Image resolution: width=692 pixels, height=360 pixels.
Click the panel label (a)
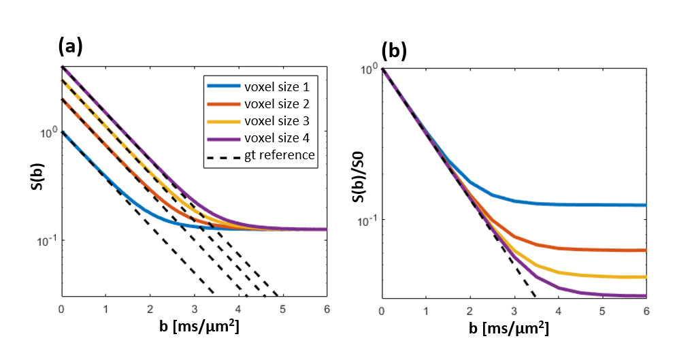click(70, 46)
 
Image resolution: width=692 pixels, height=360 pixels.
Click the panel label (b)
click(394, 51)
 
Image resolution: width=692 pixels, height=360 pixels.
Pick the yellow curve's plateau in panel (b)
click(599, 276)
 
